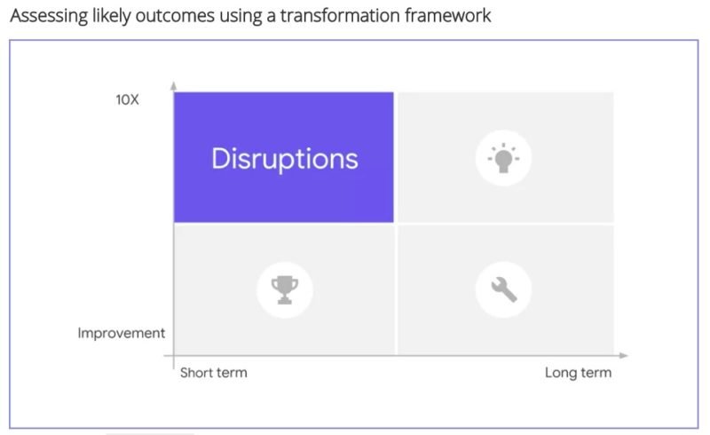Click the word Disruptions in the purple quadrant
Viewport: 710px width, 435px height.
pyautogui.click(x=285, y=159)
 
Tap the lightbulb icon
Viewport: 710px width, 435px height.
pyautogui.click(x=503, y=158)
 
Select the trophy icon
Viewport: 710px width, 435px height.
pyautogui.click(x=284, y=289)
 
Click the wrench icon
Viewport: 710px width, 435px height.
pyautogui.click(x=503, y=289)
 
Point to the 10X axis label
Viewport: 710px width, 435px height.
pyautogui.click(x=127, y=99)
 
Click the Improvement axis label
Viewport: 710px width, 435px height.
pyautogui.click(x=121, y=333)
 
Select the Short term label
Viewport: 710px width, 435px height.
pyautogui.click(x=214, y=373)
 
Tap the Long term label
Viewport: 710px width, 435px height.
pyautogui.click(x=579, y=373)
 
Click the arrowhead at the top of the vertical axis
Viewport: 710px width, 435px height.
pyautogui.click(x=173, y=85)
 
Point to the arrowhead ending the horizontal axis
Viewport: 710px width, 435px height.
pyautogui.click(x=624, y=356)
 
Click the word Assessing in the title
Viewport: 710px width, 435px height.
pyautogui.click(x=49, y=16)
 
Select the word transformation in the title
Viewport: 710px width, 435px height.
pyautogui.click(x=340, y=15)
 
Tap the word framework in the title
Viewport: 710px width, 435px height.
pyautogui.click(x=448, y=15)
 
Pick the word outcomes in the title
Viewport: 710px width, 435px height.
pyautogui.click(x=175, y=16)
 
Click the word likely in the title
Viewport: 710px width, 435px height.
pyautogui.click(x=112, y=16)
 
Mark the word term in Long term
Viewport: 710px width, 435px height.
pyautogui.click(x=596, y=373)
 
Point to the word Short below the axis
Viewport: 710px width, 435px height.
pyautogui.click(x=196, y=373)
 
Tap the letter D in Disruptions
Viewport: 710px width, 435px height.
pyautogui.click(x=221, y=159)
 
